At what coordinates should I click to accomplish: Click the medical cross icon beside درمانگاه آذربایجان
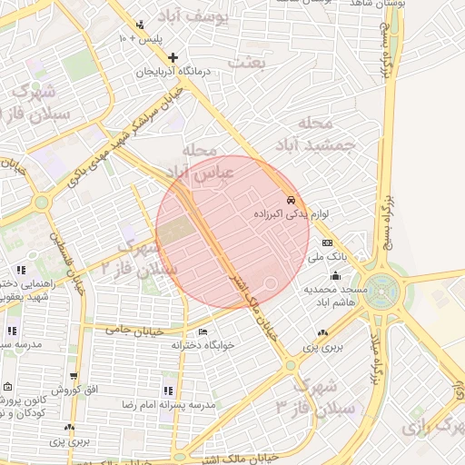(x=173, y=57)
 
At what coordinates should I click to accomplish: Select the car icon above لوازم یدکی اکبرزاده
(x=290, y=199)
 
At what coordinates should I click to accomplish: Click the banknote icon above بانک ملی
(x=327, y=242)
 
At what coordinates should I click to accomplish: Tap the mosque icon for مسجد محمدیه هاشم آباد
(x=336, y=275)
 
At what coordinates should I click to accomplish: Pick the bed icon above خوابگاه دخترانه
(x=202, y=331)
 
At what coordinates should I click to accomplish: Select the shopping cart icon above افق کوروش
(x=74, y=376)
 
